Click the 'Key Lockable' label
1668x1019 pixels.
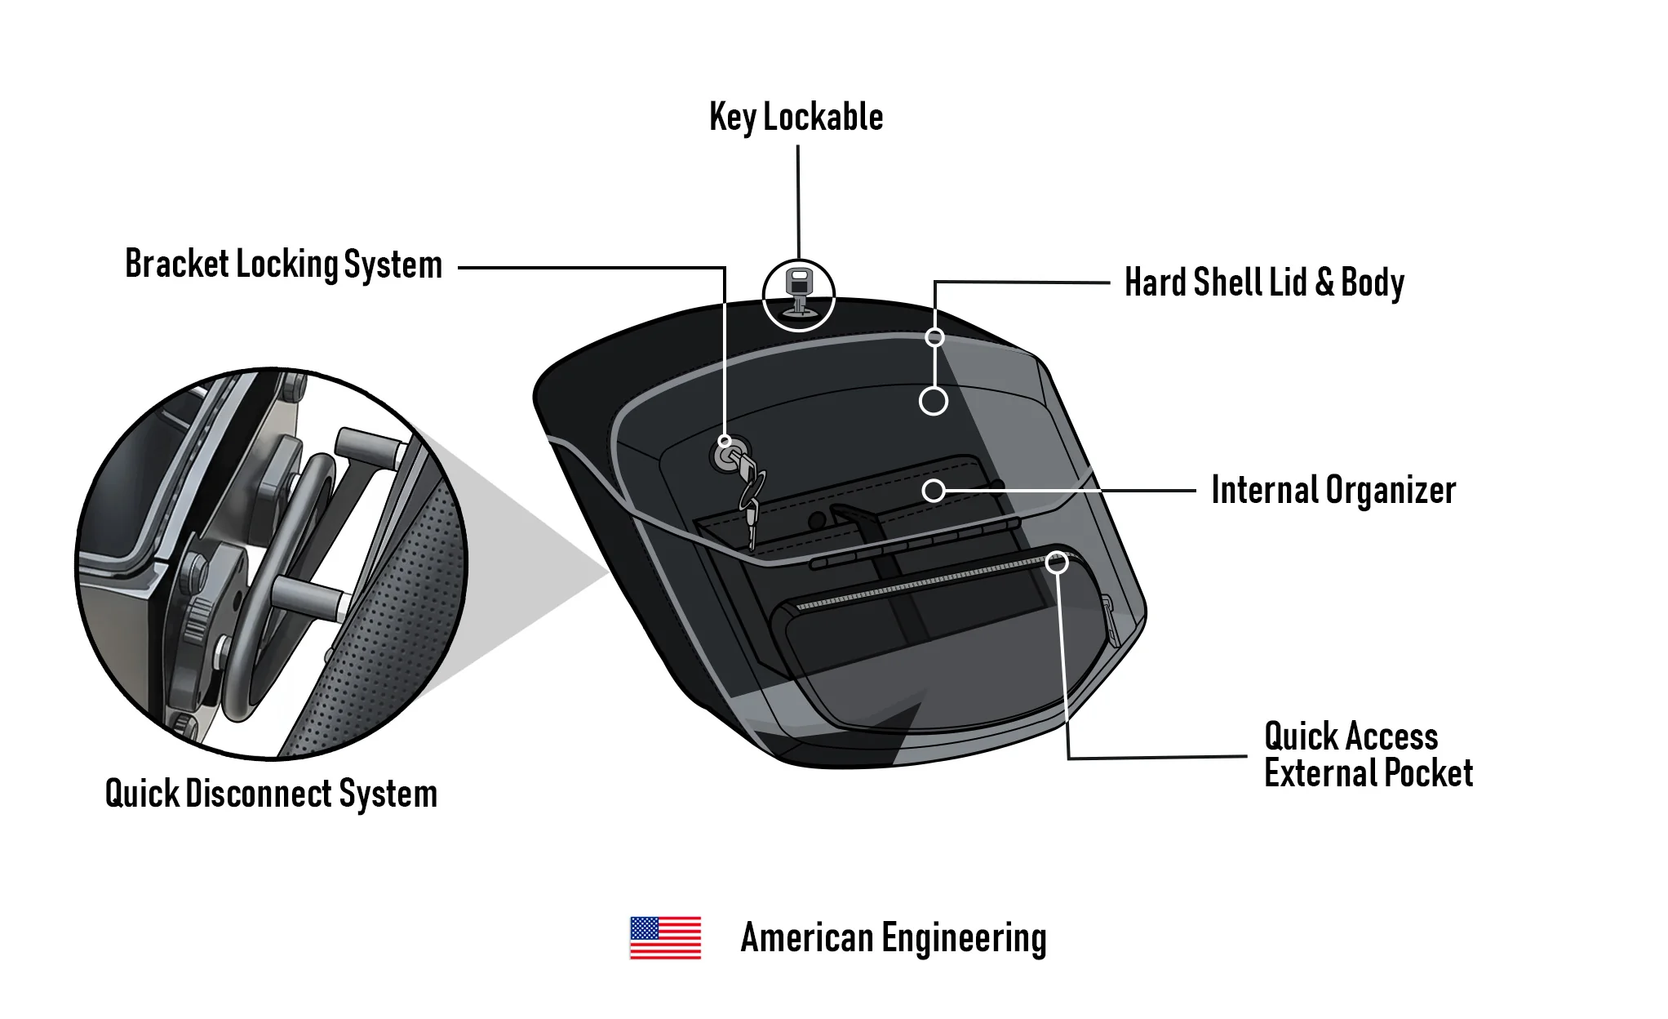click(x=796, y=118)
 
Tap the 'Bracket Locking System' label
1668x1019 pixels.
click(x=283, y=265)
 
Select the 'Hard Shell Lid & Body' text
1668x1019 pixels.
click(x=1264, y=283)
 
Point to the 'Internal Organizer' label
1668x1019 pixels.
click(x=1333, y=491)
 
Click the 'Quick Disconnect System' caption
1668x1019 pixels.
click(x=271, y=794)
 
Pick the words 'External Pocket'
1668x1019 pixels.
click(x=1369, y=773)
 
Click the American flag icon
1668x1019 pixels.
click(x=665, y=937)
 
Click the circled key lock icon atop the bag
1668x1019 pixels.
click(x=798, y=295)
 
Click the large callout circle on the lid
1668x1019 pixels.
click(x=934, y=401)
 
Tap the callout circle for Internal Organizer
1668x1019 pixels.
click(x=934, y=491)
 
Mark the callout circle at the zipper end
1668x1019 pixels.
click(x=1057, y=562)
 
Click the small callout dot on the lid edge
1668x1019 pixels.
click(x=935, y=337)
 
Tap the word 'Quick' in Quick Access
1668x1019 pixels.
click(x=1301, y=736)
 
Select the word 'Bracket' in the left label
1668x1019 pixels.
click(x=176, y=265)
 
